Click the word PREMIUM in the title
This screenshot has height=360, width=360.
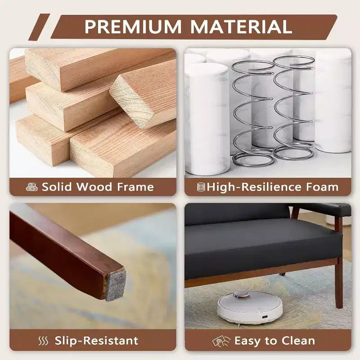[133, 27]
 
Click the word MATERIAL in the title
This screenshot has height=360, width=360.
[241, 27]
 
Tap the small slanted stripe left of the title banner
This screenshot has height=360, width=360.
[39, 27]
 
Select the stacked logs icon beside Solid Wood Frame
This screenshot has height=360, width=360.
[31, 187]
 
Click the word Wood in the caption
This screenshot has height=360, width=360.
[94, 187]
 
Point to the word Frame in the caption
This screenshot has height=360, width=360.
[135, 187]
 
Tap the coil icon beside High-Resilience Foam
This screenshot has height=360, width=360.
[201, 187]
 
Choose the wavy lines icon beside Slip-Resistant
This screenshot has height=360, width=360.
[43, 341]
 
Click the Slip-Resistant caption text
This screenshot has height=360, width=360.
[96, 341]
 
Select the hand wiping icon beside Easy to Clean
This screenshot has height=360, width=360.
[221, 341]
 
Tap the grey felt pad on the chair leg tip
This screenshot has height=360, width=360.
[116, 285]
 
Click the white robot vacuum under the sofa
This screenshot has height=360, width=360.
[250, 307]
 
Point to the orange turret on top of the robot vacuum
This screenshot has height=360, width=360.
[241, 295]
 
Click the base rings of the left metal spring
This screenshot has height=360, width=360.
[253, 158]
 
